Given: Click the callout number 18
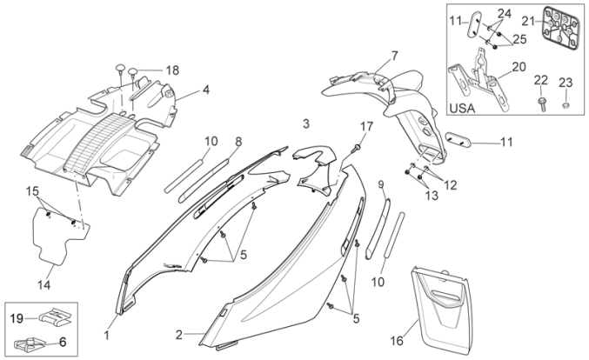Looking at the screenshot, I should (172, 70).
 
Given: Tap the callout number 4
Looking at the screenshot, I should (206, 89).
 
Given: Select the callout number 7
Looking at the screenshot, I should (394, 56).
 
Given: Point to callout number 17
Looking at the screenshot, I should (366, 127).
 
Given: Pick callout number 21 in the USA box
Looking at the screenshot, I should (527, 20).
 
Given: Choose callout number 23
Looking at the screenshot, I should (566, 83).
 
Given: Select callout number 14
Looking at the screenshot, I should (44, 284).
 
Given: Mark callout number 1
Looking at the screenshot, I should (108, 335).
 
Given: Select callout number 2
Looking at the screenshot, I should (179, 335).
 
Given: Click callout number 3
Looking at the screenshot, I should (305, 122).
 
